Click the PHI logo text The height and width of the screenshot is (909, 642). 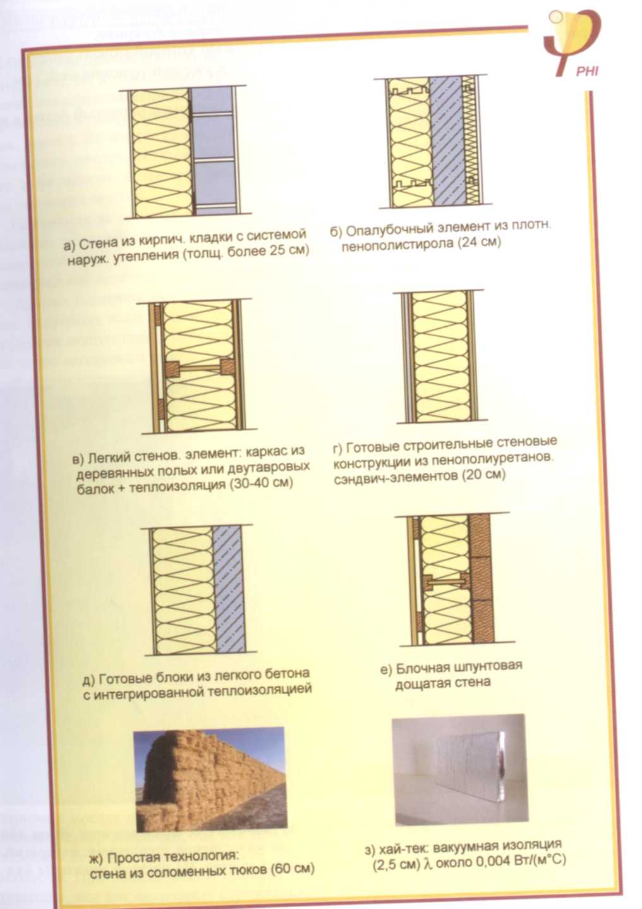coord(587,72)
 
